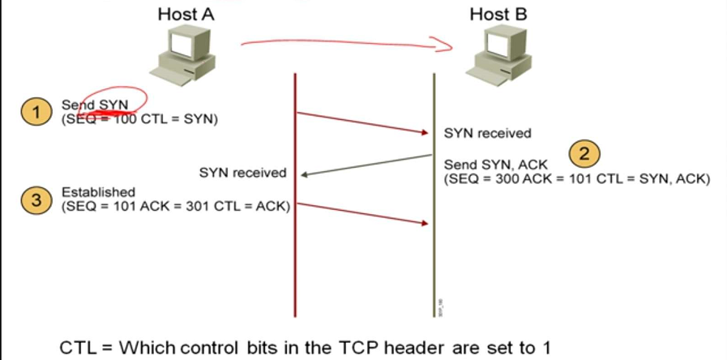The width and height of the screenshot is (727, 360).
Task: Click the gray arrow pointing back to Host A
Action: (x=365, y=165)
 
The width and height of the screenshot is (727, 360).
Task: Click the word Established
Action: (x=98, y=192)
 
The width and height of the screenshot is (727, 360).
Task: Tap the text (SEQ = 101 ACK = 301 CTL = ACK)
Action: (x=176, y=206)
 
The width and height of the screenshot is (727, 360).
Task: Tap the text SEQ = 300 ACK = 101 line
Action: (x=576, y=178)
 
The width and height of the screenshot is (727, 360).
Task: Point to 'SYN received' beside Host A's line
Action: (x=243, y=172)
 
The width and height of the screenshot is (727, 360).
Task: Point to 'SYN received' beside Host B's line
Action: (x=488, y=133)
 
